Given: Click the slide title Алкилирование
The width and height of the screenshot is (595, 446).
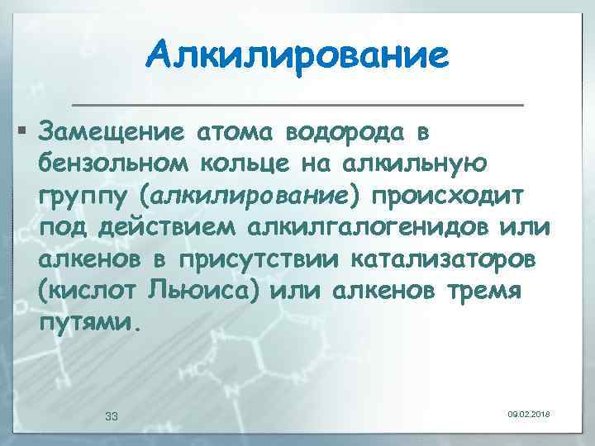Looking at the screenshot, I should tap(297, 56).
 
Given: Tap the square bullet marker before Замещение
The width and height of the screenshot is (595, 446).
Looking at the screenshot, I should tap(22, 131).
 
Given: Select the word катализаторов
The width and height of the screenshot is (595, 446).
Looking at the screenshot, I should tap(443, 260).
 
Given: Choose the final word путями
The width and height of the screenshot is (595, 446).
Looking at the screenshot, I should tap(84, 323).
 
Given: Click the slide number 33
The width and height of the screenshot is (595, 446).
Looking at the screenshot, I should tap(113, 415).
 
